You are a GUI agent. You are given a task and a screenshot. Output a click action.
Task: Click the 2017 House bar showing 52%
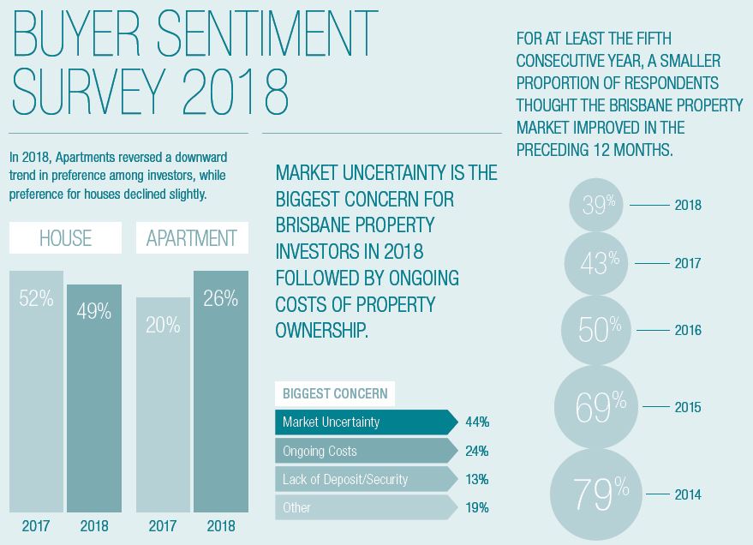(x=36, y=391)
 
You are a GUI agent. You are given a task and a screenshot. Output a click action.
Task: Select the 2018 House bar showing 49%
(x=94, y=398)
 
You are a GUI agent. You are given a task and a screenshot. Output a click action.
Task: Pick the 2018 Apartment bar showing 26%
(x=220, y=391)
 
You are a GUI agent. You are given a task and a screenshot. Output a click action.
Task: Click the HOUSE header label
(x=65, y=238)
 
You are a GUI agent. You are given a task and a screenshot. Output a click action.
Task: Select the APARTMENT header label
(x=192, y=238)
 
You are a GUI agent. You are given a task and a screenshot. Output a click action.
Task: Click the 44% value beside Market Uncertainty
(x=477, y=422)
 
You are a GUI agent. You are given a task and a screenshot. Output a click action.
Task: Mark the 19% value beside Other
(x=477, y=507)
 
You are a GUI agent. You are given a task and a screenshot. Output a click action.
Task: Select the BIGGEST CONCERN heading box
(x=335, y=394)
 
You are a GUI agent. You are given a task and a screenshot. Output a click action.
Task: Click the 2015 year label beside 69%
(x=688, y=407)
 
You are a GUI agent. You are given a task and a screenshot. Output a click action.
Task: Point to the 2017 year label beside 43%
(x=688, y=263)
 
